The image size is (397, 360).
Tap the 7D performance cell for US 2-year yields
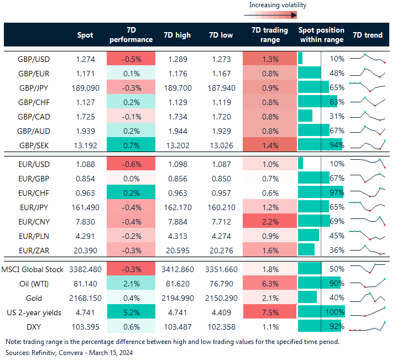[x=130, y=312]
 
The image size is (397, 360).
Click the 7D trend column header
[x=367, y=35]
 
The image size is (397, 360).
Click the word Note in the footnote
[x=14, y=341]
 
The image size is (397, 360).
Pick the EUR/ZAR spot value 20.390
[x=86, y=249]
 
